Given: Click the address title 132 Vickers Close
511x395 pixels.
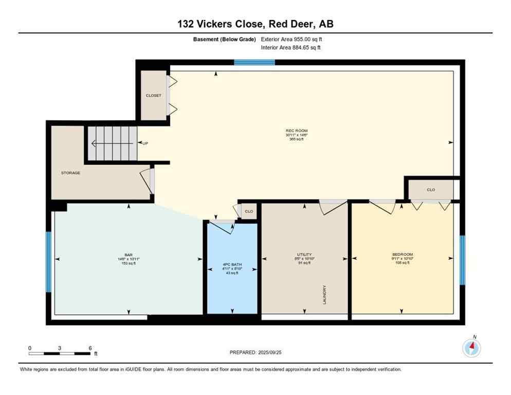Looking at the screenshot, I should [x=255, y=24].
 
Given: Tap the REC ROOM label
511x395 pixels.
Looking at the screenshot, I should [x=297, y=131].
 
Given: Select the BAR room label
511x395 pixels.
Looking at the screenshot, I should [x=129, y=255].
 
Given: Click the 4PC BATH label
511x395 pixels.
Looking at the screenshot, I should [x=232, y=264].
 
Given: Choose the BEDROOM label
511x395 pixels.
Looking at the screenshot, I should [x=402, y=255].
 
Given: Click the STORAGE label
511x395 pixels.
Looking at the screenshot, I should [x=70, y=173].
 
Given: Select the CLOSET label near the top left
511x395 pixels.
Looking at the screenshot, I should [x=153, y=95].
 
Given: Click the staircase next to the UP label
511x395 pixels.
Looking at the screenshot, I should [x=112, y=143].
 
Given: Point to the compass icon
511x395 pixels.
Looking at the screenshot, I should [x=471, y=348].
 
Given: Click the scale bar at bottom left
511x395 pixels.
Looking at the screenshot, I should [x=60, y=353].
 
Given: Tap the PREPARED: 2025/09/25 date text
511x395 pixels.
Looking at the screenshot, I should [x=255, y=352].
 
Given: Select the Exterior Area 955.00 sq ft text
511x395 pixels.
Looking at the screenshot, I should [x=291, y=39].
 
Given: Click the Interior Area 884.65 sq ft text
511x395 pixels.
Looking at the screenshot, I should [x=291, y=48].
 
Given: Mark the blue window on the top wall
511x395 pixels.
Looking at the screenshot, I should [x=254, y=63].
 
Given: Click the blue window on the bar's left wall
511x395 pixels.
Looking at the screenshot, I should [x=49, y=261].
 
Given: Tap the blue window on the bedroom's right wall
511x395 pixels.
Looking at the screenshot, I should [x=462, y=260].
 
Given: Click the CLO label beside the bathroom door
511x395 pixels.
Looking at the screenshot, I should [x=249, y=211].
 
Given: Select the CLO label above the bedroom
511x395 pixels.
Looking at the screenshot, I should [x=431, y=190].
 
